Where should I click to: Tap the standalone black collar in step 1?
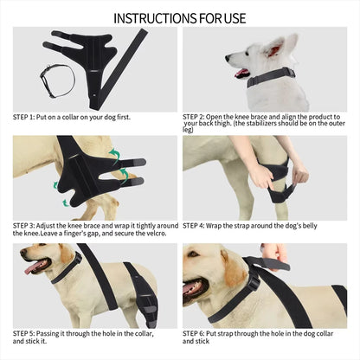point(55,79)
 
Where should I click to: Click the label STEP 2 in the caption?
point(198,115)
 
